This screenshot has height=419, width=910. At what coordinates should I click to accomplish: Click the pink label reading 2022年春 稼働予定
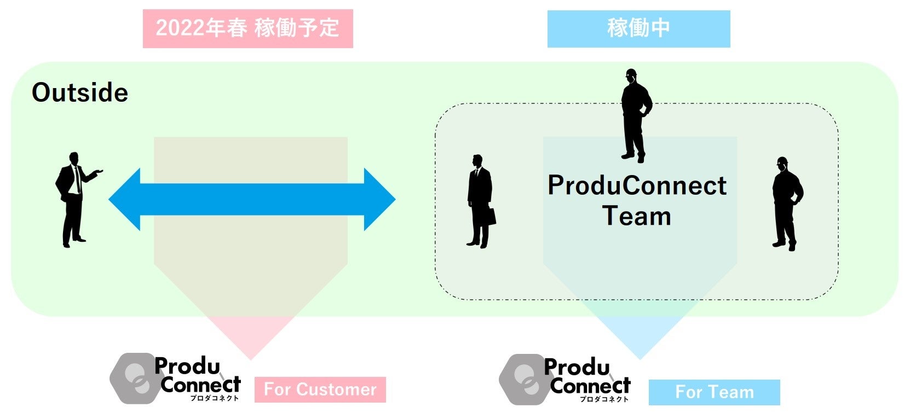point(247,28)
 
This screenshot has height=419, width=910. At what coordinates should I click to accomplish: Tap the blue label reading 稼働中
point(638,28)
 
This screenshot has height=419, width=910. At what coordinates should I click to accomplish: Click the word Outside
point(80,92)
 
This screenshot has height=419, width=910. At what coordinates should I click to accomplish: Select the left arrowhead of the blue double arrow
point(126,199)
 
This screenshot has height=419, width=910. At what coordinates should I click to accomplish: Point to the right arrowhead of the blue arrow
point(379,199)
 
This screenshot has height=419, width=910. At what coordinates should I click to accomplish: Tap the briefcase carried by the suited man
point(490,217)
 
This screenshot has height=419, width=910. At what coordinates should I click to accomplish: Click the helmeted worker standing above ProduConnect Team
point(635,115)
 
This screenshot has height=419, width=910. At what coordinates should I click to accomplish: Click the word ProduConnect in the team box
point(637,186)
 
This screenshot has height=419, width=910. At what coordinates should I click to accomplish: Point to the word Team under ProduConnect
point(637,216)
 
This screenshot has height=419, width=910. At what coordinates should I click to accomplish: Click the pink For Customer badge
point(320,389)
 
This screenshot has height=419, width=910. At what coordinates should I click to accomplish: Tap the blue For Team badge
point(714,392)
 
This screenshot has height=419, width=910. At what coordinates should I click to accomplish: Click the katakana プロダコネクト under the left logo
point(214,398)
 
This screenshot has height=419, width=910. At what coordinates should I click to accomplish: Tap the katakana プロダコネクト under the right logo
point(604,399)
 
